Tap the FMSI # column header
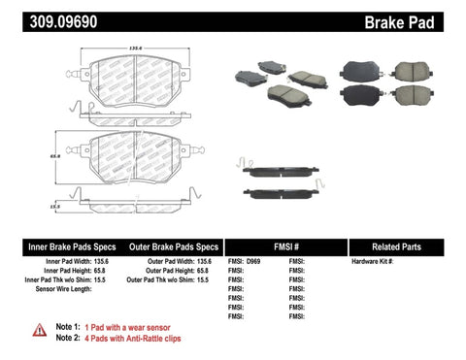[x=283, y=246]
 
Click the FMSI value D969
[x=252, y=262]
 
